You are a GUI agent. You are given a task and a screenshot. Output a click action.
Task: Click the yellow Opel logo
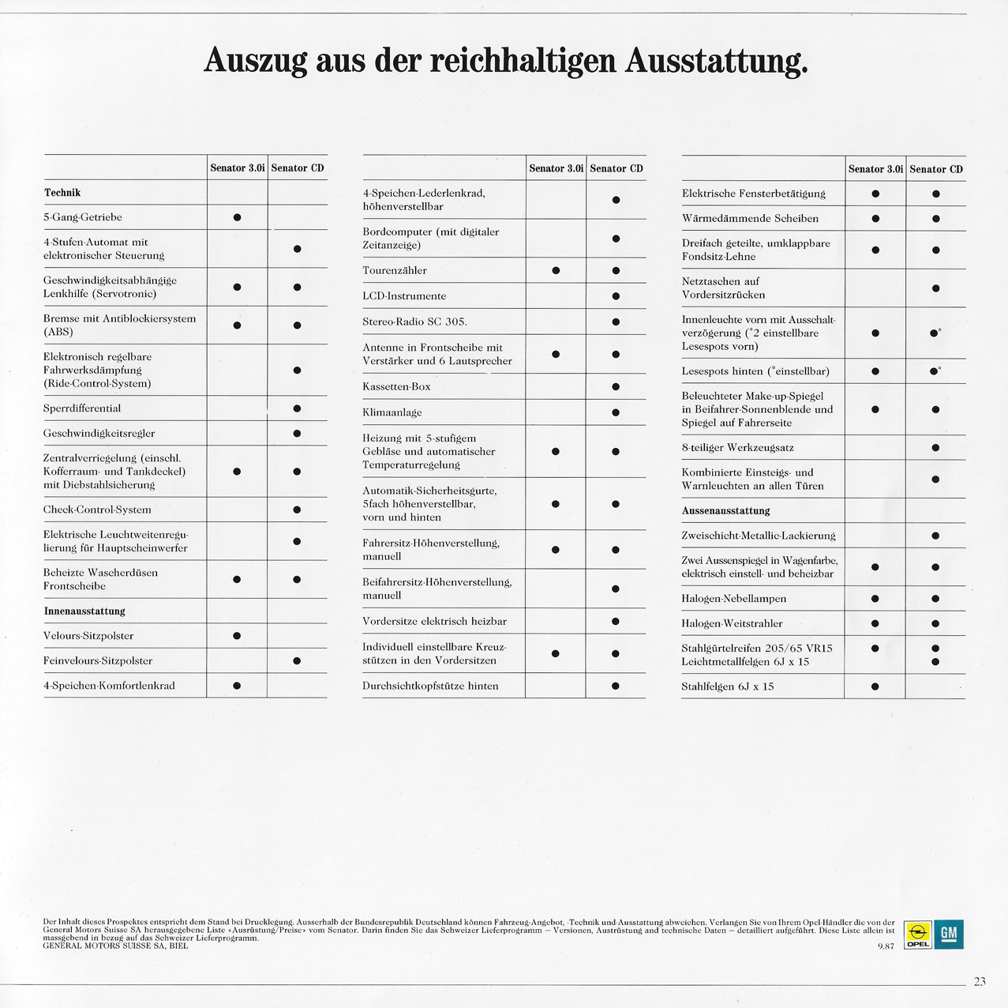point(917,935)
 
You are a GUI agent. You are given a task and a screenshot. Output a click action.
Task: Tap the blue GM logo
point(948,935)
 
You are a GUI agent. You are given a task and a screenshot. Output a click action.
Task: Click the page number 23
point(980,981)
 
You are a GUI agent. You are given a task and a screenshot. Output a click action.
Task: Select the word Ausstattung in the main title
point(716,62)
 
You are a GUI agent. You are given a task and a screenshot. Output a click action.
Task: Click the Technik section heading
point(62,193)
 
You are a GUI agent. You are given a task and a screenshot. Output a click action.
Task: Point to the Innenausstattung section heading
point(84,611)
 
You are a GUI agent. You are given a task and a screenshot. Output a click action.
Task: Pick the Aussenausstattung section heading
point(725,510)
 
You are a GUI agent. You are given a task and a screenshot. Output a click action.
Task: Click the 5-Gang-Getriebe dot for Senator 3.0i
point(237,217)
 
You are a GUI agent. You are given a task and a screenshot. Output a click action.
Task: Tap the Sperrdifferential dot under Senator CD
point(297,408)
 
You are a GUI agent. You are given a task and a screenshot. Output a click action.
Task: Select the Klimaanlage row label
point(392,412)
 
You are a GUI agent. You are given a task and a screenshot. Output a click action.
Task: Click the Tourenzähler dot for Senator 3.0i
point(556,271)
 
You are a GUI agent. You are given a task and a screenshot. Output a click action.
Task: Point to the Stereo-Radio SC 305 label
point(415,322)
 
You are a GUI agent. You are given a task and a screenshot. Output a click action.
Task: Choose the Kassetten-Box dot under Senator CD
point(616,387)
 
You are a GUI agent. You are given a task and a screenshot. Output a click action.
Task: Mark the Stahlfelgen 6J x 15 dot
point(875,686)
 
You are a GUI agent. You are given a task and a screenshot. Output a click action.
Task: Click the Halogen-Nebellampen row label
point(734,599)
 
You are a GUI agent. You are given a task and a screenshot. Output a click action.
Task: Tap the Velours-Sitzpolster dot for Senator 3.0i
point(237,636)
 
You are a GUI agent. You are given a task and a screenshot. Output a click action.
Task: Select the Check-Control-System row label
point(97,510)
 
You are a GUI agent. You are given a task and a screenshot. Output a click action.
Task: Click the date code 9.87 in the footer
point(886,946)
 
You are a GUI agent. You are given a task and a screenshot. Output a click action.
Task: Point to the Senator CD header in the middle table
point(616,168)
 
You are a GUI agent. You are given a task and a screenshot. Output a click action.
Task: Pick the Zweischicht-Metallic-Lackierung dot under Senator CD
point(935,536)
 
